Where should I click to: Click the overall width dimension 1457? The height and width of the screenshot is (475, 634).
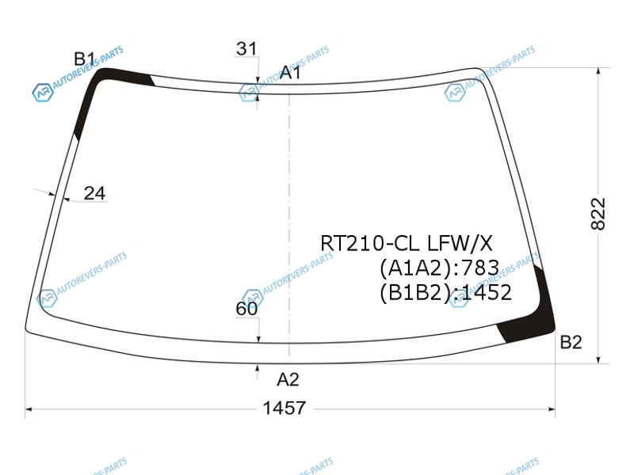pyautogui.click(x=285, y=408)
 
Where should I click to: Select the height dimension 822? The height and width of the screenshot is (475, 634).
pyautogui.click(x=598, y=214)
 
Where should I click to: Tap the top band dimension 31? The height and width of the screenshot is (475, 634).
pyautogui.click(x=246, y=49)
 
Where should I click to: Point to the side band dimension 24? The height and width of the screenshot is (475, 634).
pyautogui.click(x=94, y=193)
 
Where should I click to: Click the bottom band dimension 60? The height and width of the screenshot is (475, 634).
pyautogui.click(x=246, y=309)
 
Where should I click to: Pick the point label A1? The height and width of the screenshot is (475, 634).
pyautogui.click(x=291, y=73)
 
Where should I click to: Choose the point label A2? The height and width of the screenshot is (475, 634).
pyautogui.click(x=288, y=379)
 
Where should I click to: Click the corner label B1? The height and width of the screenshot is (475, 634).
pyautogui.click(x=84, y=59)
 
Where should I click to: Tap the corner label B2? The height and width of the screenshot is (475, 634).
pyautogui.click(x=571, y=342)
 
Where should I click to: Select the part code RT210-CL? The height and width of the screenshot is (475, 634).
pyautogui.click(x=370, y=244)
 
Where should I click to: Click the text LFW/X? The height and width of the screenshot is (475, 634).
pyautogui.click(x=460, y=244)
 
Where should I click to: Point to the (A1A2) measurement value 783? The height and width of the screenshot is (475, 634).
pyautogui.click(x=480, y=268)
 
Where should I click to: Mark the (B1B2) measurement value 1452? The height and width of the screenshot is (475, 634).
pyautogui.click(x=487, y=292)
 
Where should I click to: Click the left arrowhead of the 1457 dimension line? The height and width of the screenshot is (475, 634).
pyautogui.click(x=29, y=409)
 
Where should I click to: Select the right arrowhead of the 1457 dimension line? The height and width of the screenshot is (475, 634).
pyautogui.click(x=552, y=409)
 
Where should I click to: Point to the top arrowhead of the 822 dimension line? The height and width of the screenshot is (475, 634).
pyautogui.click(x=598, y=71)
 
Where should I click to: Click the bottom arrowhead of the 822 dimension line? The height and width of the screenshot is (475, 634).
pyautogui.click(x=598, y=359)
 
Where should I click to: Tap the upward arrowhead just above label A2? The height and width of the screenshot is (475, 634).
pyautogui.click(x=257, y=367)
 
